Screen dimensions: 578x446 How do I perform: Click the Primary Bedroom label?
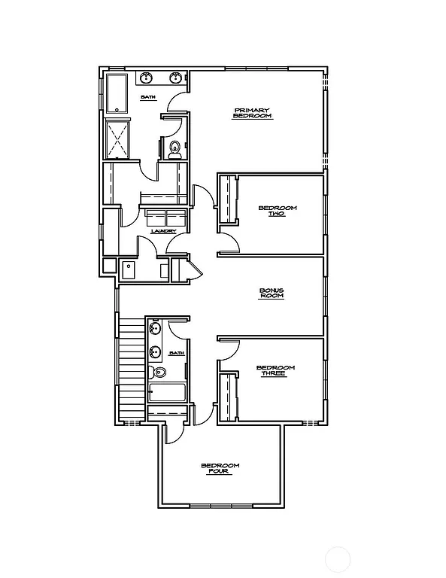tap(251, 113)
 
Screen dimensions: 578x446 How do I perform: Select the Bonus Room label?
tap(271, 293)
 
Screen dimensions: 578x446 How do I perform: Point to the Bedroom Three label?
tap(275, 370)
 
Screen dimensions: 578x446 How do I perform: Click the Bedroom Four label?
tap(220, 469)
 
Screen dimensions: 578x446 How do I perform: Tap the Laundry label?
tap(163, 231)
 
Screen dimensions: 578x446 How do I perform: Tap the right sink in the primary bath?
tap(176, 78)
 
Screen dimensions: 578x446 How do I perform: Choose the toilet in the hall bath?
tap(159, 373)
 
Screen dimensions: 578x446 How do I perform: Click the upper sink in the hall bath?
tap(156, 328)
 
